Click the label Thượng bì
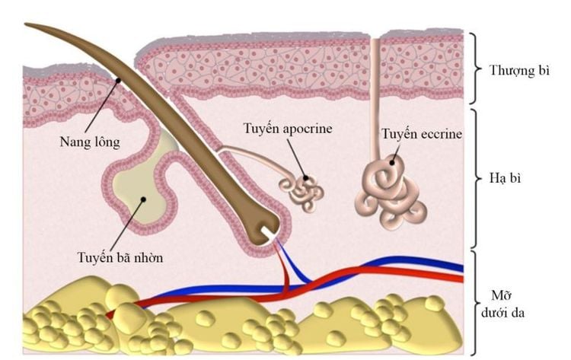519,71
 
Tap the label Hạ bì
505,178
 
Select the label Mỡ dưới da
502,304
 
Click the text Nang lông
90,142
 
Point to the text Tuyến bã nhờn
120,258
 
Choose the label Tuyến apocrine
288,129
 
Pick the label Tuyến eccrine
422,134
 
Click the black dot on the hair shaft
118,80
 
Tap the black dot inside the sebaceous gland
143,199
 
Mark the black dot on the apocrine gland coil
305,178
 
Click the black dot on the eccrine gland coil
392,162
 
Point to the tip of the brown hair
25,24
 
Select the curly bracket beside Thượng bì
474,68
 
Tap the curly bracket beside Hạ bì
474,178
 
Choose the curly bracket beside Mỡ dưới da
474,303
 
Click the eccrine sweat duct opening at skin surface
375,38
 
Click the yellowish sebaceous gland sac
140,190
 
